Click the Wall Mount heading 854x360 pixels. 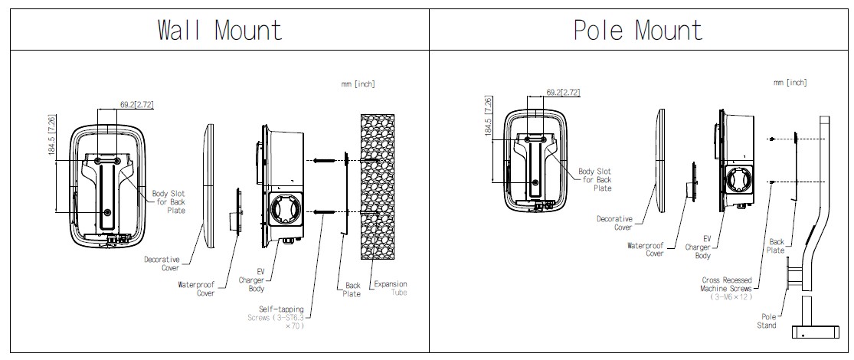[x=220, y=30]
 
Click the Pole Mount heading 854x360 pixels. [x=638, y=30]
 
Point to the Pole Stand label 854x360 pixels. [x=767, y=320]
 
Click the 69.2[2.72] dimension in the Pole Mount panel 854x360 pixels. [x=563, y=93]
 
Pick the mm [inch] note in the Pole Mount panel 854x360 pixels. [x=790, y=82]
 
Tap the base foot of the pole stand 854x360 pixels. [x=813, y=331]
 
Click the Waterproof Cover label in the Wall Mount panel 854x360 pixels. [x=197, y=288]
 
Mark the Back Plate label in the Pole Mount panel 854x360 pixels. [x=776, y=246]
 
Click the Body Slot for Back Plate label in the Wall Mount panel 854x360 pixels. [x=169, y=202]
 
